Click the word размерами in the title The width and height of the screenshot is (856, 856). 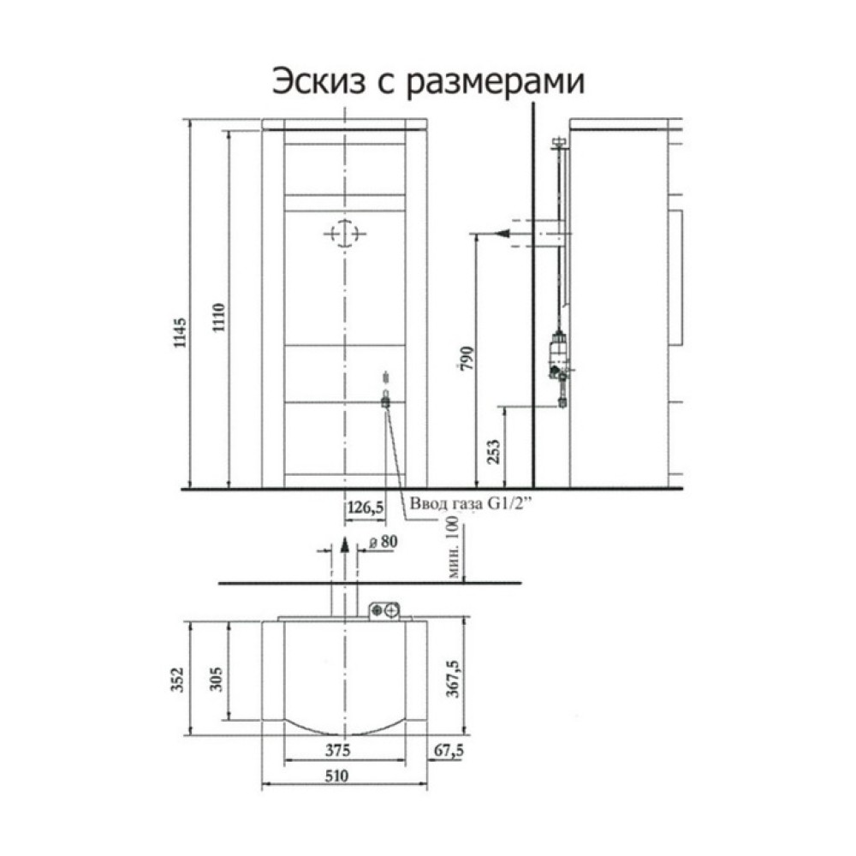496,84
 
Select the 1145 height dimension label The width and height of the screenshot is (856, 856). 180,332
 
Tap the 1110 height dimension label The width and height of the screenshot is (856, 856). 218,318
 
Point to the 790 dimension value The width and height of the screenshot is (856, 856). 468,358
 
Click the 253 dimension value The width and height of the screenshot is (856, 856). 493,452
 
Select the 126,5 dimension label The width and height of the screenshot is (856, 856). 366,508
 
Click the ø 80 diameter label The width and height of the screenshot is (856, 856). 383,542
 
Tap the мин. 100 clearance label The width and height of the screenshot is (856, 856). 454,546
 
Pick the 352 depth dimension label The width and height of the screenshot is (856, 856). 179,679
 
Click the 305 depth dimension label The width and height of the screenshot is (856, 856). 217,679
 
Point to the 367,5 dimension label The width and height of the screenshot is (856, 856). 453,679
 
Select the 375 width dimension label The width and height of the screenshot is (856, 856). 338,751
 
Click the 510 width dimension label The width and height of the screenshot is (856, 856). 336,776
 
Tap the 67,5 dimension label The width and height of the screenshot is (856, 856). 449,751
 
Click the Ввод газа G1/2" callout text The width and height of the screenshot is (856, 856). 471,504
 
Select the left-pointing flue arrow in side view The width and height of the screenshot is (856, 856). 502,234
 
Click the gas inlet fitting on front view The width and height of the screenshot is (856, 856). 386,402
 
